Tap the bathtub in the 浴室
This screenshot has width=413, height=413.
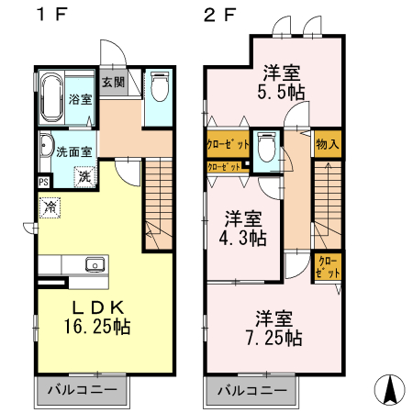[51, 97]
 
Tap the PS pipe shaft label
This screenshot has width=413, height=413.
[43, 182]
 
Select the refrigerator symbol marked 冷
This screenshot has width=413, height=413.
[48, 207]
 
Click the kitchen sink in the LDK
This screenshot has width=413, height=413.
[94, 264]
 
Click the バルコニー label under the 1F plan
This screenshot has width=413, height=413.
[82, 391]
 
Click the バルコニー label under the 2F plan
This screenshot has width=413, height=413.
[251, 391]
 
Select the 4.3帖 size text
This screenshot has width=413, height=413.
[245, 238]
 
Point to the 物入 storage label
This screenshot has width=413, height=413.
[328, 143]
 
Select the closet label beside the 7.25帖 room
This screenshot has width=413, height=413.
[326, 267]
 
